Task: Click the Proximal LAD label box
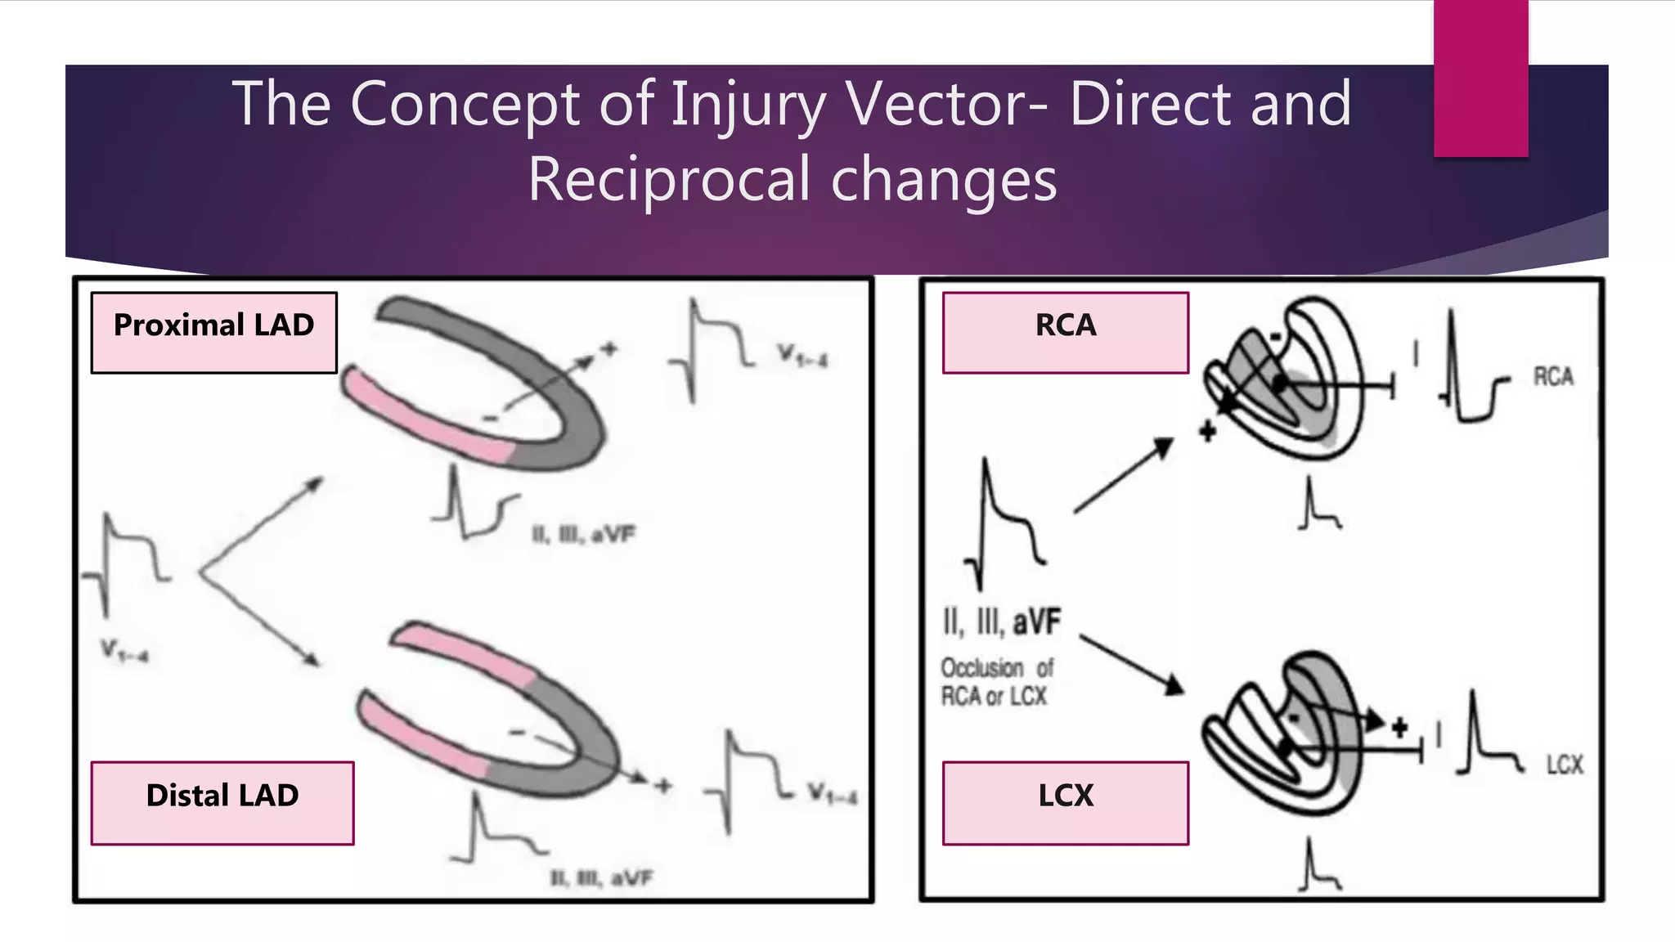(x=213, y=332)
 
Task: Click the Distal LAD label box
(x=222, y=802)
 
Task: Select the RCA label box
(x=1065, y=332)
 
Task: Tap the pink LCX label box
(x=1065, y=802)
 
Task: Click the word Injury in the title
(x=748, y=104)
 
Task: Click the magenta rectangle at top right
(x=1480, y=78)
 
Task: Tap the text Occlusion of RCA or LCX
(x=995, y=682)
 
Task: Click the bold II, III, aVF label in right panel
(x=1002, y=622)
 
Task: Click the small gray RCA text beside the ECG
(x=1553, y=377)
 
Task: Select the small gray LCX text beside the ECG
(x=1564, y=765)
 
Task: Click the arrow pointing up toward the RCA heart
(x=1123, y=476)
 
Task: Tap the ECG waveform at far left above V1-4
(x=127, y=564)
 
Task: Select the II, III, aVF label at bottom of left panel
(x=602, y=879)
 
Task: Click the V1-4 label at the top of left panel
(x=802, y=356)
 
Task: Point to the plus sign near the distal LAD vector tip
(x=662, y=786)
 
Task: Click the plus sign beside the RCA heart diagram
(x=1207, y=431)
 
